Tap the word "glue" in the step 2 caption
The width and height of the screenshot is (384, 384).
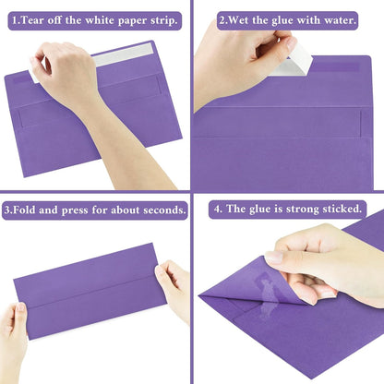coord(282,21)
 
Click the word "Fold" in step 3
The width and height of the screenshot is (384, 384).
coord(24,210)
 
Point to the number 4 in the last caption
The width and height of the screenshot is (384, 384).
coord(217,210)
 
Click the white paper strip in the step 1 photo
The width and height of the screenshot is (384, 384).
coord(123,54)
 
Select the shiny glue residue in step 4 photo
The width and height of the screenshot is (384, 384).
coord(267,294)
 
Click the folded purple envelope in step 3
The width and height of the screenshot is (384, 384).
coord(90,291)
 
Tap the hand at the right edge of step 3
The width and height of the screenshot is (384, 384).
coord(173,289)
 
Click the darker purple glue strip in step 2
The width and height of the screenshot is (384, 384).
coord(336,67)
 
